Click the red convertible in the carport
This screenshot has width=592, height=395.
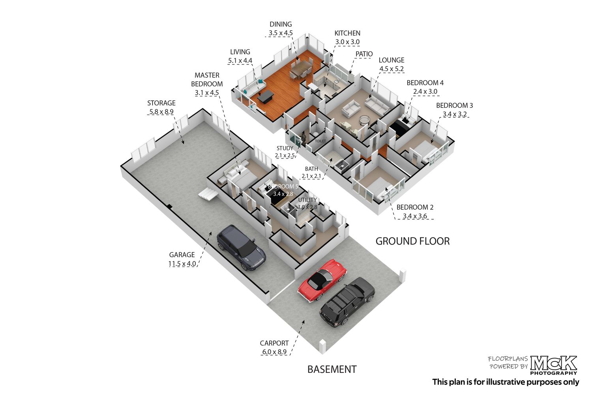[x=322, y=280]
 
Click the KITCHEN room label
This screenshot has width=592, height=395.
[x=347, y=33]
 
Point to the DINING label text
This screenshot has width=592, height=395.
[x=281, y=24]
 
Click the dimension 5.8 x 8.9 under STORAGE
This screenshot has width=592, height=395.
[x=161, y=112]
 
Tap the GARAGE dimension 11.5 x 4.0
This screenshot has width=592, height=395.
[x=182, y=264]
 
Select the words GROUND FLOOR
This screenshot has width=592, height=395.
[x=412, y=241]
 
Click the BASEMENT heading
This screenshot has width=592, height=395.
[x=332, y=369]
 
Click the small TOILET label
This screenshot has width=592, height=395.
[x=320, y=141]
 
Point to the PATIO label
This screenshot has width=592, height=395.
[x=364, y=54]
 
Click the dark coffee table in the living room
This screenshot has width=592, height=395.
[x=265, y=96]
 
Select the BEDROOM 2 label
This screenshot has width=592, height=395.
[x=415, y=207]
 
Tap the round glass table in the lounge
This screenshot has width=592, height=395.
[x=364, y=120]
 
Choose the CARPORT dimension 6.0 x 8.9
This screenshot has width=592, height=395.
[x=274, y=352]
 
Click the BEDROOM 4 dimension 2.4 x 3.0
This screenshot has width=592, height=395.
[x=425, y=92]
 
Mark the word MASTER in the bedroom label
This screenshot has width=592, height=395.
[x=207, y=75]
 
